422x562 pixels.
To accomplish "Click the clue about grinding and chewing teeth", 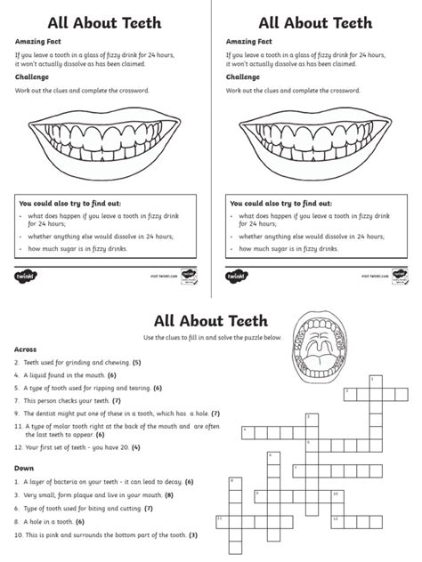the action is pyautogui.click(x=77, y=363).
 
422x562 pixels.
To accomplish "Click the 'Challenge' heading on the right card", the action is pyautogui.click(x=242, y=76).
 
